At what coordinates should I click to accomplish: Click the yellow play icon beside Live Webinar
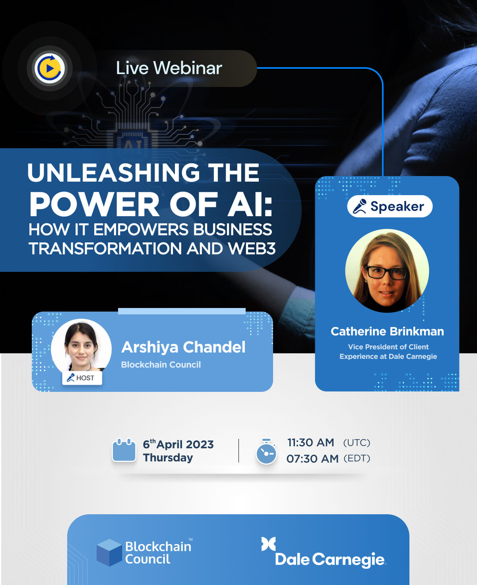point(49,68)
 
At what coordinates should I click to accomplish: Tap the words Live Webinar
point(169,68)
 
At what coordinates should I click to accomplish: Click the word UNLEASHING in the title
point(114,172)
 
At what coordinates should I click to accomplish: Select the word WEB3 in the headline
point(252,248)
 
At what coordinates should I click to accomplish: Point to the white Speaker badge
point(390,206)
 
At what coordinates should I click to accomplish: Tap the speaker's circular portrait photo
point(387,271)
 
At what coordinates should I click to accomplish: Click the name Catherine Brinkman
point(388,331)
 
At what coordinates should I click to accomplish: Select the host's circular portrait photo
point(81,348)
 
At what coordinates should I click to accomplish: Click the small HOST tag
point(82,378)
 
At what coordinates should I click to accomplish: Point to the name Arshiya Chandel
point(183,347)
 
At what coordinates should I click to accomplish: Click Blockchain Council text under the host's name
point(161,364)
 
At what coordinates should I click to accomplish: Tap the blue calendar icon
point(124,450)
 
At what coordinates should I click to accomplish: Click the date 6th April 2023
point(178,444)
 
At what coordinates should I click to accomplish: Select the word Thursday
point(168,458)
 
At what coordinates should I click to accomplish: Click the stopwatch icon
point(266,451)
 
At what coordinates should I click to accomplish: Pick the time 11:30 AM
point(310,443)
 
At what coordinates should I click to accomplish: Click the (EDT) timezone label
point(357,458)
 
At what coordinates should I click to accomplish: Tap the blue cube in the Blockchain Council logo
point(109,552)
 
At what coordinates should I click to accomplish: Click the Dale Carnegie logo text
point(330,560)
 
